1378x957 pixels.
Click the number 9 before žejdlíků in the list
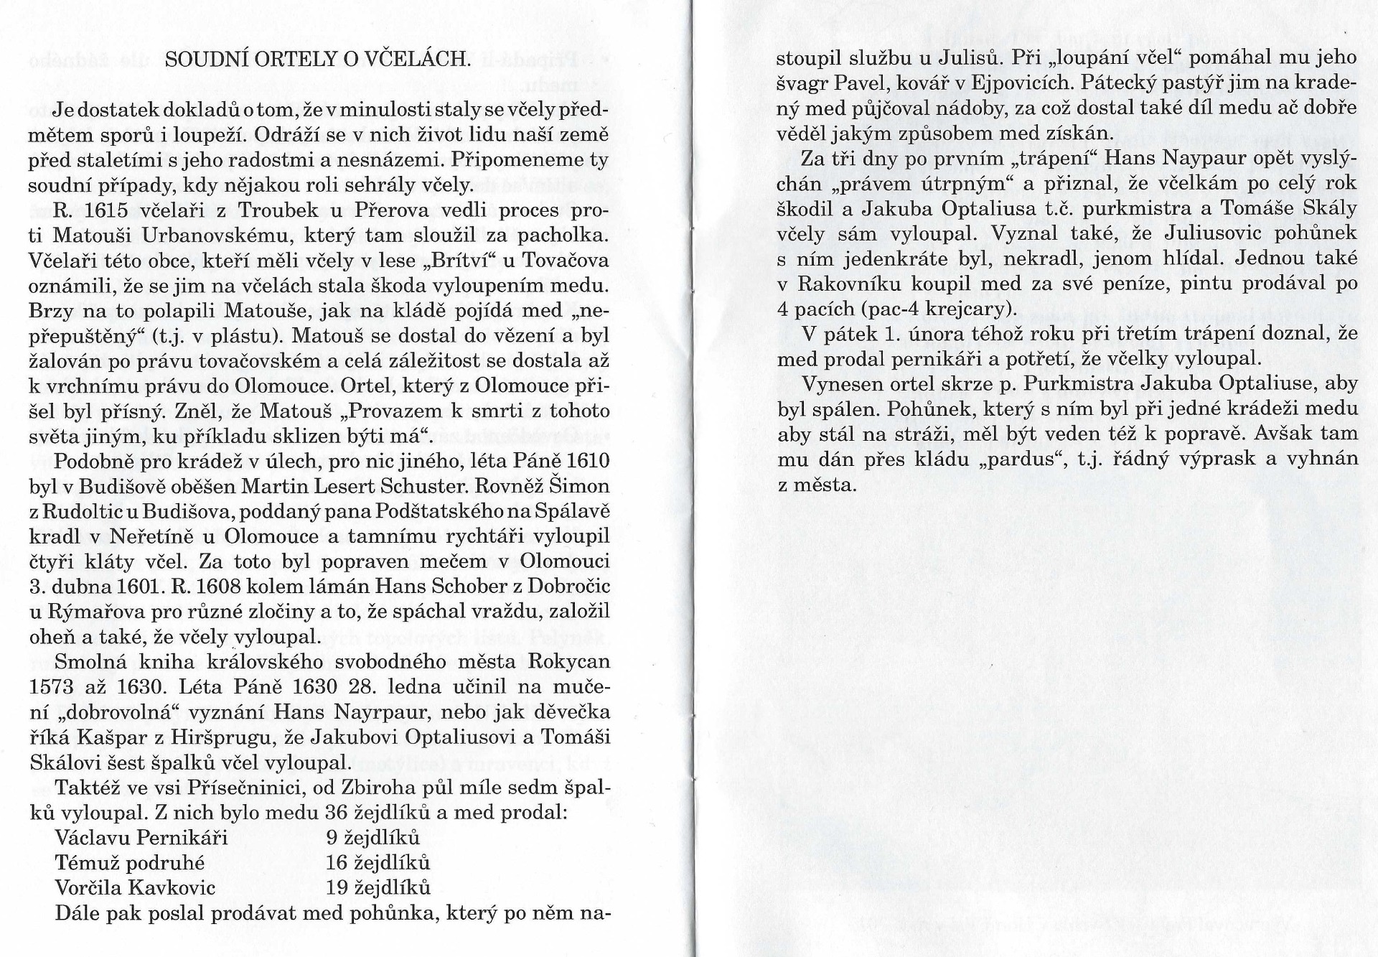(x=331, y=838)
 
